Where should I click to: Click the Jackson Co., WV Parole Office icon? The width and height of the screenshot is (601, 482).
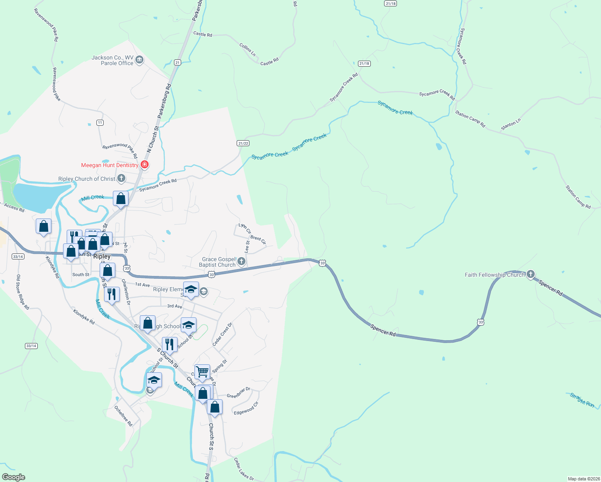click(x=139, y=60)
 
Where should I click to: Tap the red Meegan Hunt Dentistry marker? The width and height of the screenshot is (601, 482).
click(x=145, y=165)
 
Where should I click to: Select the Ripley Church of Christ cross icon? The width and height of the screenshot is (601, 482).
click(x=121, y=178)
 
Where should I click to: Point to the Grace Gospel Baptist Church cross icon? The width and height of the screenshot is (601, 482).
click(x=241, y=261)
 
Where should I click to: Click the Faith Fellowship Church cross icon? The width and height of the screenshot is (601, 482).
click(x=530, y=274)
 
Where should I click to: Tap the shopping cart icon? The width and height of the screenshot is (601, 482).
click(x=202, y=372)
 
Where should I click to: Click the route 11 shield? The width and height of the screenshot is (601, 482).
click(x=100, y=123)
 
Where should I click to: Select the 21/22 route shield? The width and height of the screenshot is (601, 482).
click(x=243, y=143)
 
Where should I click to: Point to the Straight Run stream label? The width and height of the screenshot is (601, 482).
click(x=582, y=400)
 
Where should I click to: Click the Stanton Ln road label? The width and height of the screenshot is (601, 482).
click(x=511, y=124)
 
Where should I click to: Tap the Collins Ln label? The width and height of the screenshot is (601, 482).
click(x=247, y=49)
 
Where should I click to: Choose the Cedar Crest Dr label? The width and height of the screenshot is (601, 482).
click(x=222, y=334)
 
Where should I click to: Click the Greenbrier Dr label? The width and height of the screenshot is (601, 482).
click(x=238, y=392)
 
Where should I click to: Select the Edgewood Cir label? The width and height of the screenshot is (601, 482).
click(x=246, y=408)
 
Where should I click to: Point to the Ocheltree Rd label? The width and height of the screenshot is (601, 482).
click(x=123, y=416)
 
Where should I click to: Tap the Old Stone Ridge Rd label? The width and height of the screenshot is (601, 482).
click(x=22, y=292)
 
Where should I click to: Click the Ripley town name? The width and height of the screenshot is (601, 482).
click(x=102, y=256)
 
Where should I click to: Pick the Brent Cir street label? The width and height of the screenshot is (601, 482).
click(x=258, y=240)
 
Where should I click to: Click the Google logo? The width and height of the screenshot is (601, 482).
click(x=14, y=477)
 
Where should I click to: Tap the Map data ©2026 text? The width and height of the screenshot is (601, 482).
click(x=583, y=479)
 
